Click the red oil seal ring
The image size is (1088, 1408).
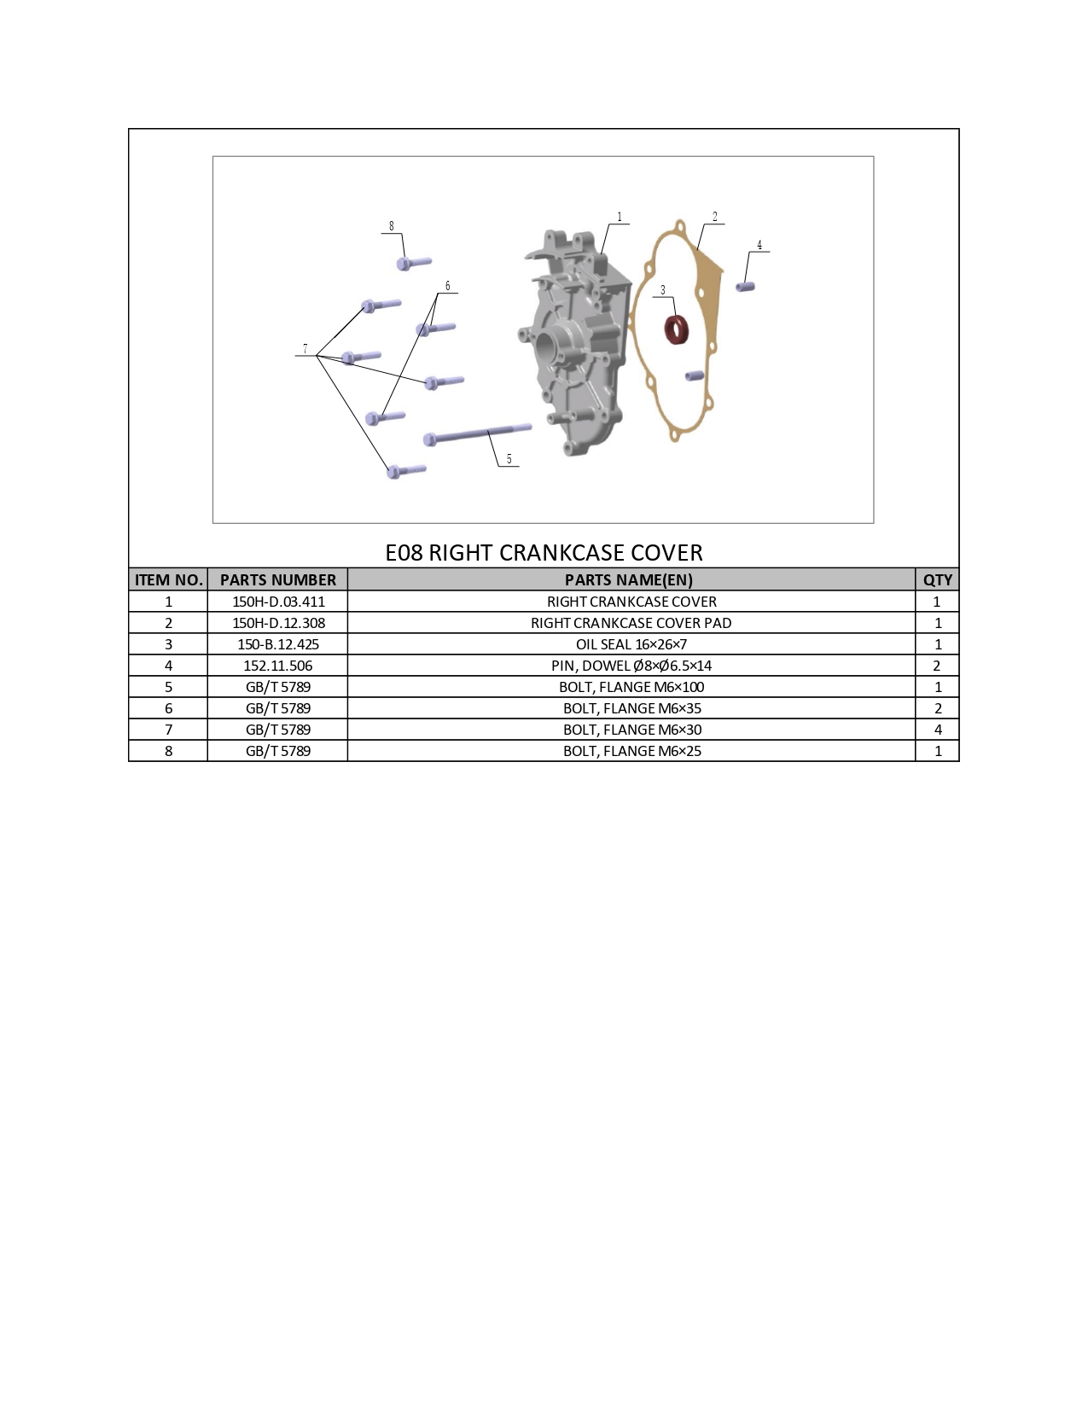tap(678, 329)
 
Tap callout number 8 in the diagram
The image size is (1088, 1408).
tap(392, 226)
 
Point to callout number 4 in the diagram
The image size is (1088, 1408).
tap(759, 245)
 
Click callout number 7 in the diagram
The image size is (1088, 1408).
tap(305, 349)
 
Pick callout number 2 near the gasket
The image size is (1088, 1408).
tap(715, 217)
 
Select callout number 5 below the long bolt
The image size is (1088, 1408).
tap(509, 459)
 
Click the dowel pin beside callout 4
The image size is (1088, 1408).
tap(745, 287)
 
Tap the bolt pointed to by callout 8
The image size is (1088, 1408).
tap(413, 263)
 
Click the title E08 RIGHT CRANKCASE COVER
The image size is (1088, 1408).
tap(544, 553)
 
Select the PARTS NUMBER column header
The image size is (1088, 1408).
tap(278, 580)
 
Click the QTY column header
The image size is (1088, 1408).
tap(938, 580)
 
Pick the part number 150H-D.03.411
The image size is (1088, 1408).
tap(279, 602)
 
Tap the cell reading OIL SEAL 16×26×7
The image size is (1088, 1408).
tap(631, 644)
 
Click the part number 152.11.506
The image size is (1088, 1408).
tap(278, 666)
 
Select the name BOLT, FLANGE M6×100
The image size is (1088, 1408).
tap(631, 687)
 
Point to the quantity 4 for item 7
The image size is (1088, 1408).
tap(938, 730)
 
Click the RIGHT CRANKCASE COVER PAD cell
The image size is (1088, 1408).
tap(631, 623)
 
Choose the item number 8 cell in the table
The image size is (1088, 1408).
tap(168, 751)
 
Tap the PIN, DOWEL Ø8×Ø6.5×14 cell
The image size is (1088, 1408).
tap(631, 666)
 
